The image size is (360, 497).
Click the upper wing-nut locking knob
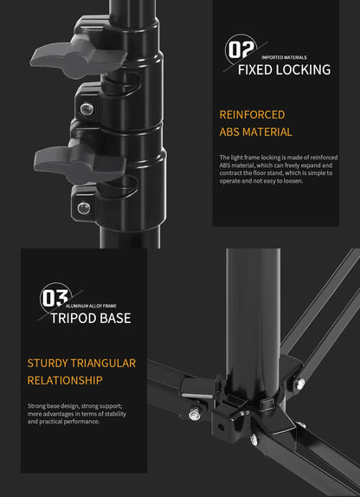58,54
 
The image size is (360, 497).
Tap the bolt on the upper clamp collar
87,108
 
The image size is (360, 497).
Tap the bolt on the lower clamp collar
84,208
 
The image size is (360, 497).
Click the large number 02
239,49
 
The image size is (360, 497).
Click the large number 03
54,299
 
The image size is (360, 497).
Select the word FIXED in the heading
256,69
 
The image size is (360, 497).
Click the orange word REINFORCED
252,114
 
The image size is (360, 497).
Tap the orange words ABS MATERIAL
255,132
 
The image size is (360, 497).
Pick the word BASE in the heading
115,318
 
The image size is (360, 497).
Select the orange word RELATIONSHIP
65,380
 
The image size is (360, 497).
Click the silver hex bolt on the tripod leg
195,415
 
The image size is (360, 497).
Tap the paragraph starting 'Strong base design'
74,413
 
